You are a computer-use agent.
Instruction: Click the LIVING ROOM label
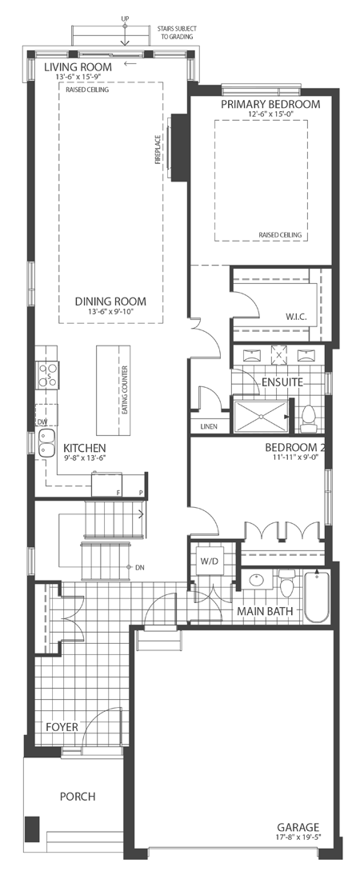click(x=78, y=67)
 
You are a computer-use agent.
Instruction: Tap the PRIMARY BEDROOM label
click(x=270, y=104)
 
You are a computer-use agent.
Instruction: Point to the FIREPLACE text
click(x=158, y=150)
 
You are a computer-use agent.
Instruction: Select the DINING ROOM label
click(x=111, y=302)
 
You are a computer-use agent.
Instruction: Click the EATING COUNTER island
click(x=113, y=387)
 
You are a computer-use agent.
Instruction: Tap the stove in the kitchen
click(x=46, y=374)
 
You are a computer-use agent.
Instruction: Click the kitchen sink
click(x=45, y=439)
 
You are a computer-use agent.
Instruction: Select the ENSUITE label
click(x=282, y=382)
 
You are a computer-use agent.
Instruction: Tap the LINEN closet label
click(x=210, y=426)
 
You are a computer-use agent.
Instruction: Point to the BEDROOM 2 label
click(x=293, y=447)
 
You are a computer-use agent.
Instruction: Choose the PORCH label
click(x=78, y=797)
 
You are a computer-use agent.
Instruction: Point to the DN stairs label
click(x=138, y=567)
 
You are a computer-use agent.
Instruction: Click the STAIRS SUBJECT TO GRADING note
click(x=176, y=32)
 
